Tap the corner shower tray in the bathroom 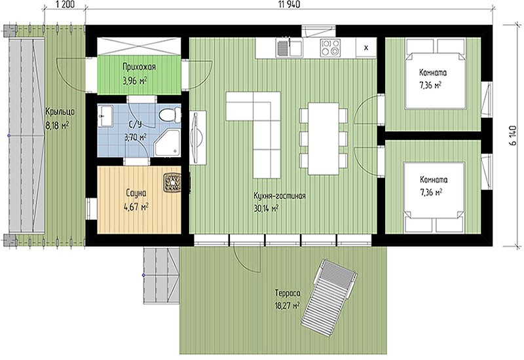tap(168, 143)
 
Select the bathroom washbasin tap(105, 116)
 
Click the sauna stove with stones tap(172, 183)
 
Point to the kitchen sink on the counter tap(289, 47)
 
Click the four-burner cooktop tap(331, 48)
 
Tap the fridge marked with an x tap(366, 48)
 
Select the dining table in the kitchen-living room tap(324, 139)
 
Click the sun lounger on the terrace tap(329, 294)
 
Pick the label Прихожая tap(139, 67)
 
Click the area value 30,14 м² tap(267, 209)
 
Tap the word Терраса tap(288, 293)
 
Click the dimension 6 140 tap(513, 135)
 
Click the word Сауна tap(136, 193)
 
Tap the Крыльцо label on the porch tap(60, 112)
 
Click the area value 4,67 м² tap(136, 207)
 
